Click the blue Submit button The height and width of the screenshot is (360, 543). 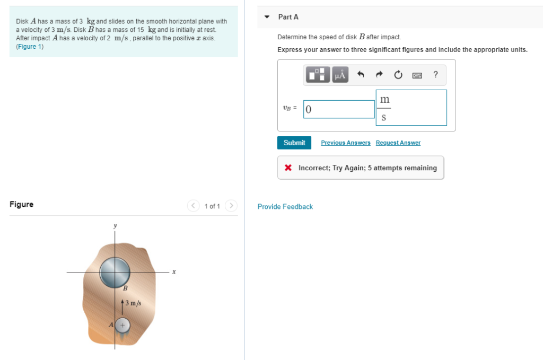pos(294,143)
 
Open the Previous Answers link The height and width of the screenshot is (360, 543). pos(346,143)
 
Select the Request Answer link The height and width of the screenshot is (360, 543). pos(398,143)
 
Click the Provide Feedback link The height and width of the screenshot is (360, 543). pos(285,207)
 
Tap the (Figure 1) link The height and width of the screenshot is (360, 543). pos(30,47)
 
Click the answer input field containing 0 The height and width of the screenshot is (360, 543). pos(339,109)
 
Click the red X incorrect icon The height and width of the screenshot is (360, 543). pos(288,168)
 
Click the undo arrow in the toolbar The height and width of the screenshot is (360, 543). pos(361,75)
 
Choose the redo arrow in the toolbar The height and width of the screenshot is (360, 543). pos(379,75)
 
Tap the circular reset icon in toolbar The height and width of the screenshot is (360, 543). pos(398,75)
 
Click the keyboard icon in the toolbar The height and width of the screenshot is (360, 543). pos(417,75)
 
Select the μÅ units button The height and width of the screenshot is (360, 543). pos(339,75)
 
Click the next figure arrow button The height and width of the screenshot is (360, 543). pos(231,206)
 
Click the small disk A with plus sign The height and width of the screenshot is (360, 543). pos(122,324)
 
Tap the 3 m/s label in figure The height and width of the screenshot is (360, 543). pos(133,303)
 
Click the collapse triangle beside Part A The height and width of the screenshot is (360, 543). pos(268,17)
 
